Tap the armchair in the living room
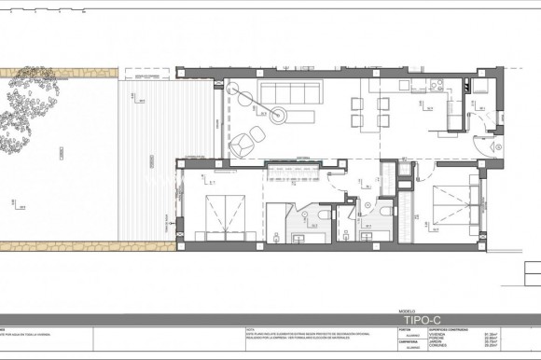(241, 144)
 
